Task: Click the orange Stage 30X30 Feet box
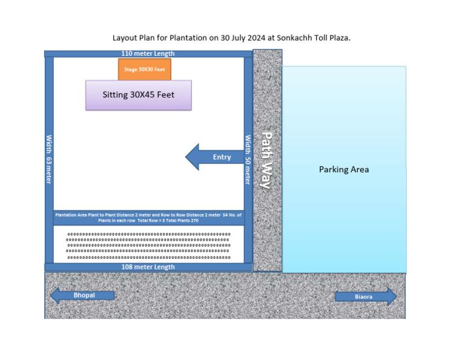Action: pos(144,69)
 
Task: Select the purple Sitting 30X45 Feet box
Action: pos(138,95)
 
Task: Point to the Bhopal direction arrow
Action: pos(82,296)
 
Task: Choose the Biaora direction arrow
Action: pos(366,296)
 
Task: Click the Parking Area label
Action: pos(343,170)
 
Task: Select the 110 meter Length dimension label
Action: pos(148,53)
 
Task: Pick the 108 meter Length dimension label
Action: pos(148,267)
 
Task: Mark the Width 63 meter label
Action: pos(49,159)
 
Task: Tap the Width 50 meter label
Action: pos(248,159)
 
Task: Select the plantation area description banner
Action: pos(148,218)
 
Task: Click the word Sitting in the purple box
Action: pos(116,95)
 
